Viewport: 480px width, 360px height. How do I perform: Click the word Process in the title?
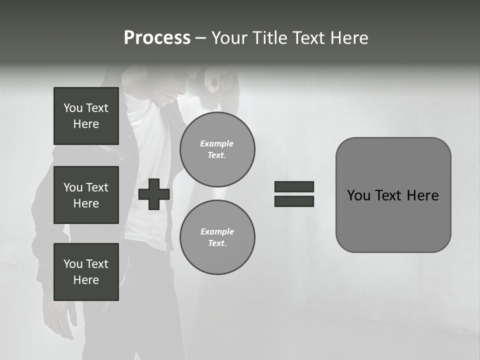tap(157, 38)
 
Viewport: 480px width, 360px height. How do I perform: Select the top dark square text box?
tap(86, 116)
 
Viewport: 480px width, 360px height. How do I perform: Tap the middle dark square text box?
tap(86, 195)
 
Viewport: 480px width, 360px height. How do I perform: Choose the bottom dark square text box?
tap(86, 272)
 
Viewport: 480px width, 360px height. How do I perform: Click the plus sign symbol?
tap(154, 194)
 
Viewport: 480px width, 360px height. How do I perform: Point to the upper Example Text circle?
tap(217, 149)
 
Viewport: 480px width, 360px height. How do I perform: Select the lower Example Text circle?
tap(217, 237)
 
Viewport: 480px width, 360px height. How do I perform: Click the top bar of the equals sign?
tap(294, 186)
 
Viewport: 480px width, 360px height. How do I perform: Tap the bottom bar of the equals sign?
tap(294, 201)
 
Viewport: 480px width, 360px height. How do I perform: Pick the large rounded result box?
tap(393, 195)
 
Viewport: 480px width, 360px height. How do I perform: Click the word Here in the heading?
tap(347, 38)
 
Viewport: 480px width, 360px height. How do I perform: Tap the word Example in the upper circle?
tap(217, 143)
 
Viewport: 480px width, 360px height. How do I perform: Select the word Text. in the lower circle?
tap(217, 243)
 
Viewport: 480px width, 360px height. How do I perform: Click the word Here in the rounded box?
tap(423, 195)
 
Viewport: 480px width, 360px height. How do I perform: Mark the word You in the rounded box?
tap(359, 195)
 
